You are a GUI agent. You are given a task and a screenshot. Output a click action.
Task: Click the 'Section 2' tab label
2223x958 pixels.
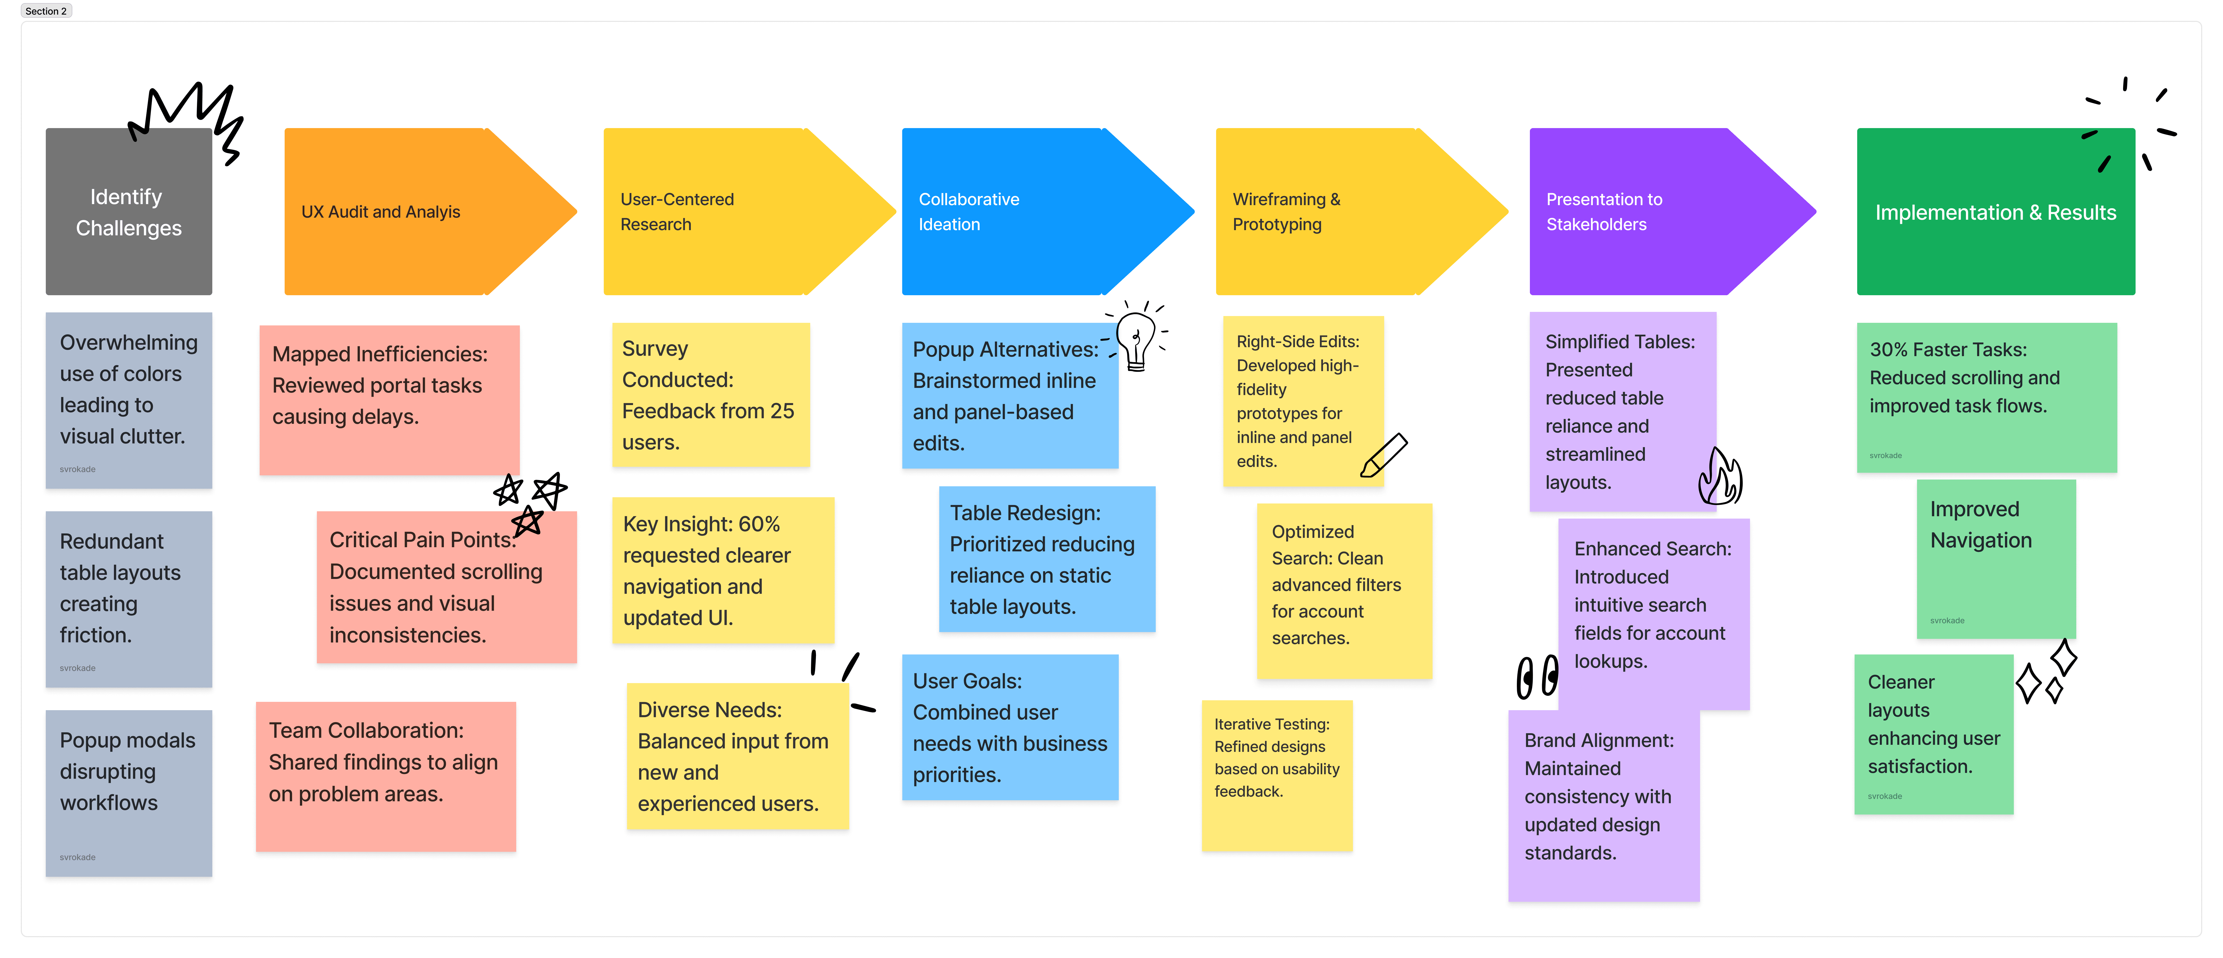pyautogui.click(x=46, y=11)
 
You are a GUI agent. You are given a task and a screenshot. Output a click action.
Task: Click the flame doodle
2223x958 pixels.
pyautogui.click(x=1720, y=477)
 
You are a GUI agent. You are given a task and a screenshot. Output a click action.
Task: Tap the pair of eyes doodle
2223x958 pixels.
pyautogui.click(x=1537, y=676)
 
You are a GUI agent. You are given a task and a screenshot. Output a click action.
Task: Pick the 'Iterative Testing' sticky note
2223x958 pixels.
pyautogui.click(x=1276, y=775)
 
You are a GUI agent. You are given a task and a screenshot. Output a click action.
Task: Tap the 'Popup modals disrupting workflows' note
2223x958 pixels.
pyautogui.click(x=129, y=792)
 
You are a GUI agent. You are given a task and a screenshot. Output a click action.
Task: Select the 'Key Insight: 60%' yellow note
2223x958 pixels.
pyautogui.click(x=722, y=570)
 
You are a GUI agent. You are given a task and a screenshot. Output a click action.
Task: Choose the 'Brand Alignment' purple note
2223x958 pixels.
pyautogui.click(x=1602, y=805)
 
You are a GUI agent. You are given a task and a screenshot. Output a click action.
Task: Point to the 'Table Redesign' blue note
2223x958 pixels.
pyautogui.click(x=1046, y=558)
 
